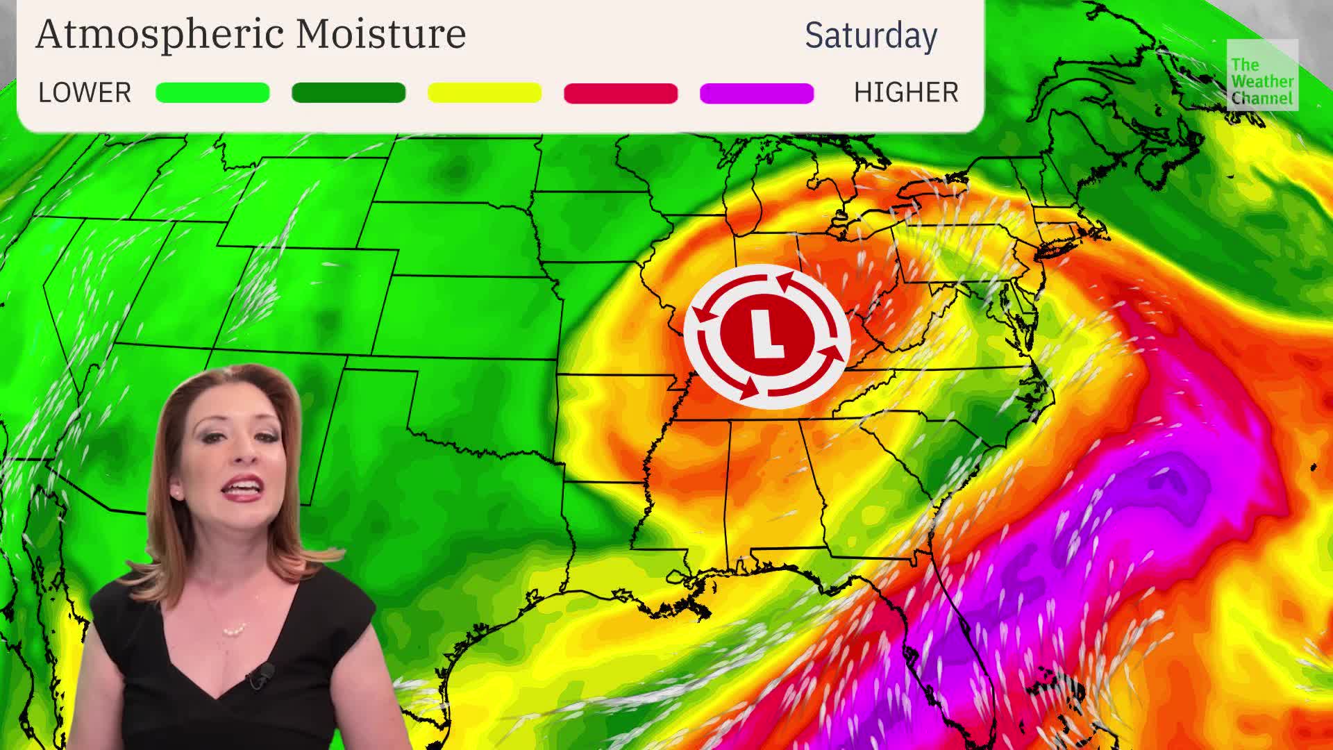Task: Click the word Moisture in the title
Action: pos(380,33)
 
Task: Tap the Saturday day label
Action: pos(871,35)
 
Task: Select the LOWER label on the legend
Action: pos(85,92)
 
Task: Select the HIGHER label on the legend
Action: pos(906,92)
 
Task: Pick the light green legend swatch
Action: pos(212,92)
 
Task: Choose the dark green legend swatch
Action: pos(349,92)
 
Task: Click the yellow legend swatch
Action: pos(485,92)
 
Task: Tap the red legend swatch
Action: pos(621,92)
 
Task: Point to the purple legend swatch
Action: pos(757,92)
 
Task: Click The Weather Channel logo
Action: pos(1261,75)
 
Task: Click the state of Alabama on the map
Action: pos(771,486)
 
